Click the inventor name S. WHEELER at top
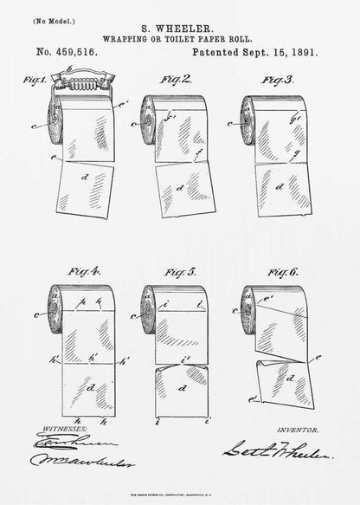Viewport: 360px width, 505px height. click(x=179, y=27)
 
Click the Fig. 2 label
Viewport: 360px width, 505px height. click(x=178, y=79)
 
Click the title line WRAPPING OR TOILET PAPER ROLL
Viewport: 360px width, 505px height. click(x=180, y=39)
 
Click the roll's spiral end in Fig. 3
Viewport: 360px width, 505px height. click(x=245, y=108)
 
